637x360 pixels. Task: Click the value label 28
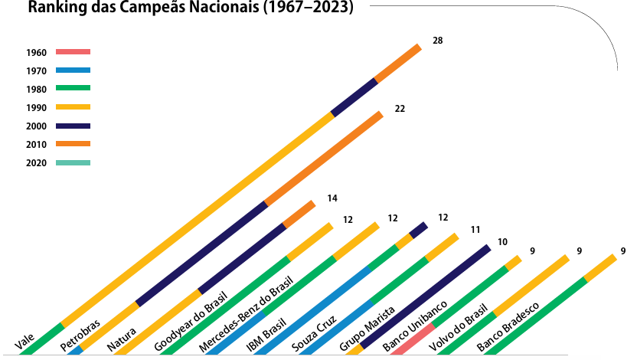(x=437, y=40)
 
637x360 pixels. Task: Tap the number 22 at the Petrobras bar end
(x=399, y=109)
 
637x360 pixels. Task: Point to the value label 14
(x=332, y=198)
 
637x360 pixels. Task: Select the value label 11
(x=475, y=229)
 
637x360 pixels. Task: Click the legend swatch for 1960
(x=73, y=52)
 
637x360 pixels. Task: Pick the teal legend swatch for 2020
(x=73, y=162)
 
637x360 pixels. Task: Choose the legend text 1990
(x=36, y=108)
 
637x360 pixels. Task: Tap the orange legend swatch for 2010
(x=73, y=144)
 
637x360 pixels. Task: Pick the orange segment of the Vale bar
(x=398, y=63)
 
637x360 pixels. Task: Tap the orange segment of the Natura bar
(x=299, y=214)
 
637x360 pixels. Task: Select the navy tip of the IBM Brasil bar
(x=419, y=230)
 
